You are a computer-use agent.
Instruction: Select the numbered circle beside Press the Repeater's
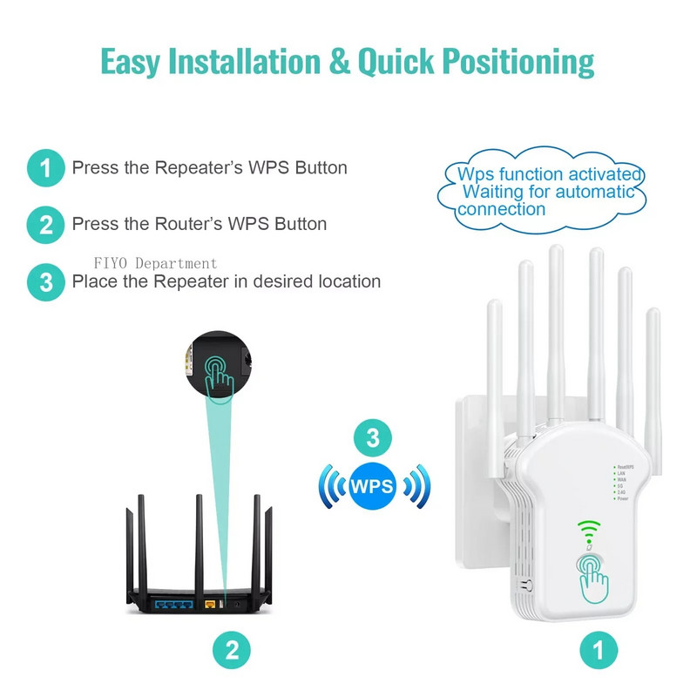click(45, 167)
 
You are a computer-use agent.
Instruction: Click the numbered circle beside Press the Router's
click(45, 225)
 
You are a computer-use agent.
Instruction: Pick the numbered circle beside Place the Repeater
click(45, 281)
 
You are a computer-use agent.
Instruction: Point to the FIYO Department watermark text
click(156, 263)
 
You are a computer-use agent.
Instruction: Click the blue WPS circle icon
click(372, 484)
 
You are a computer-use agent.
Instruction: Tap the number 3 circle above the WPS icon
click(372, 438)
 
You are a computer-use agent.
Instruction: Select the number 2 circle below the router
click(232, 649)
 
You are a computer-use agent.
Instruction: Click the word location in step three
click(348, 281)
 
